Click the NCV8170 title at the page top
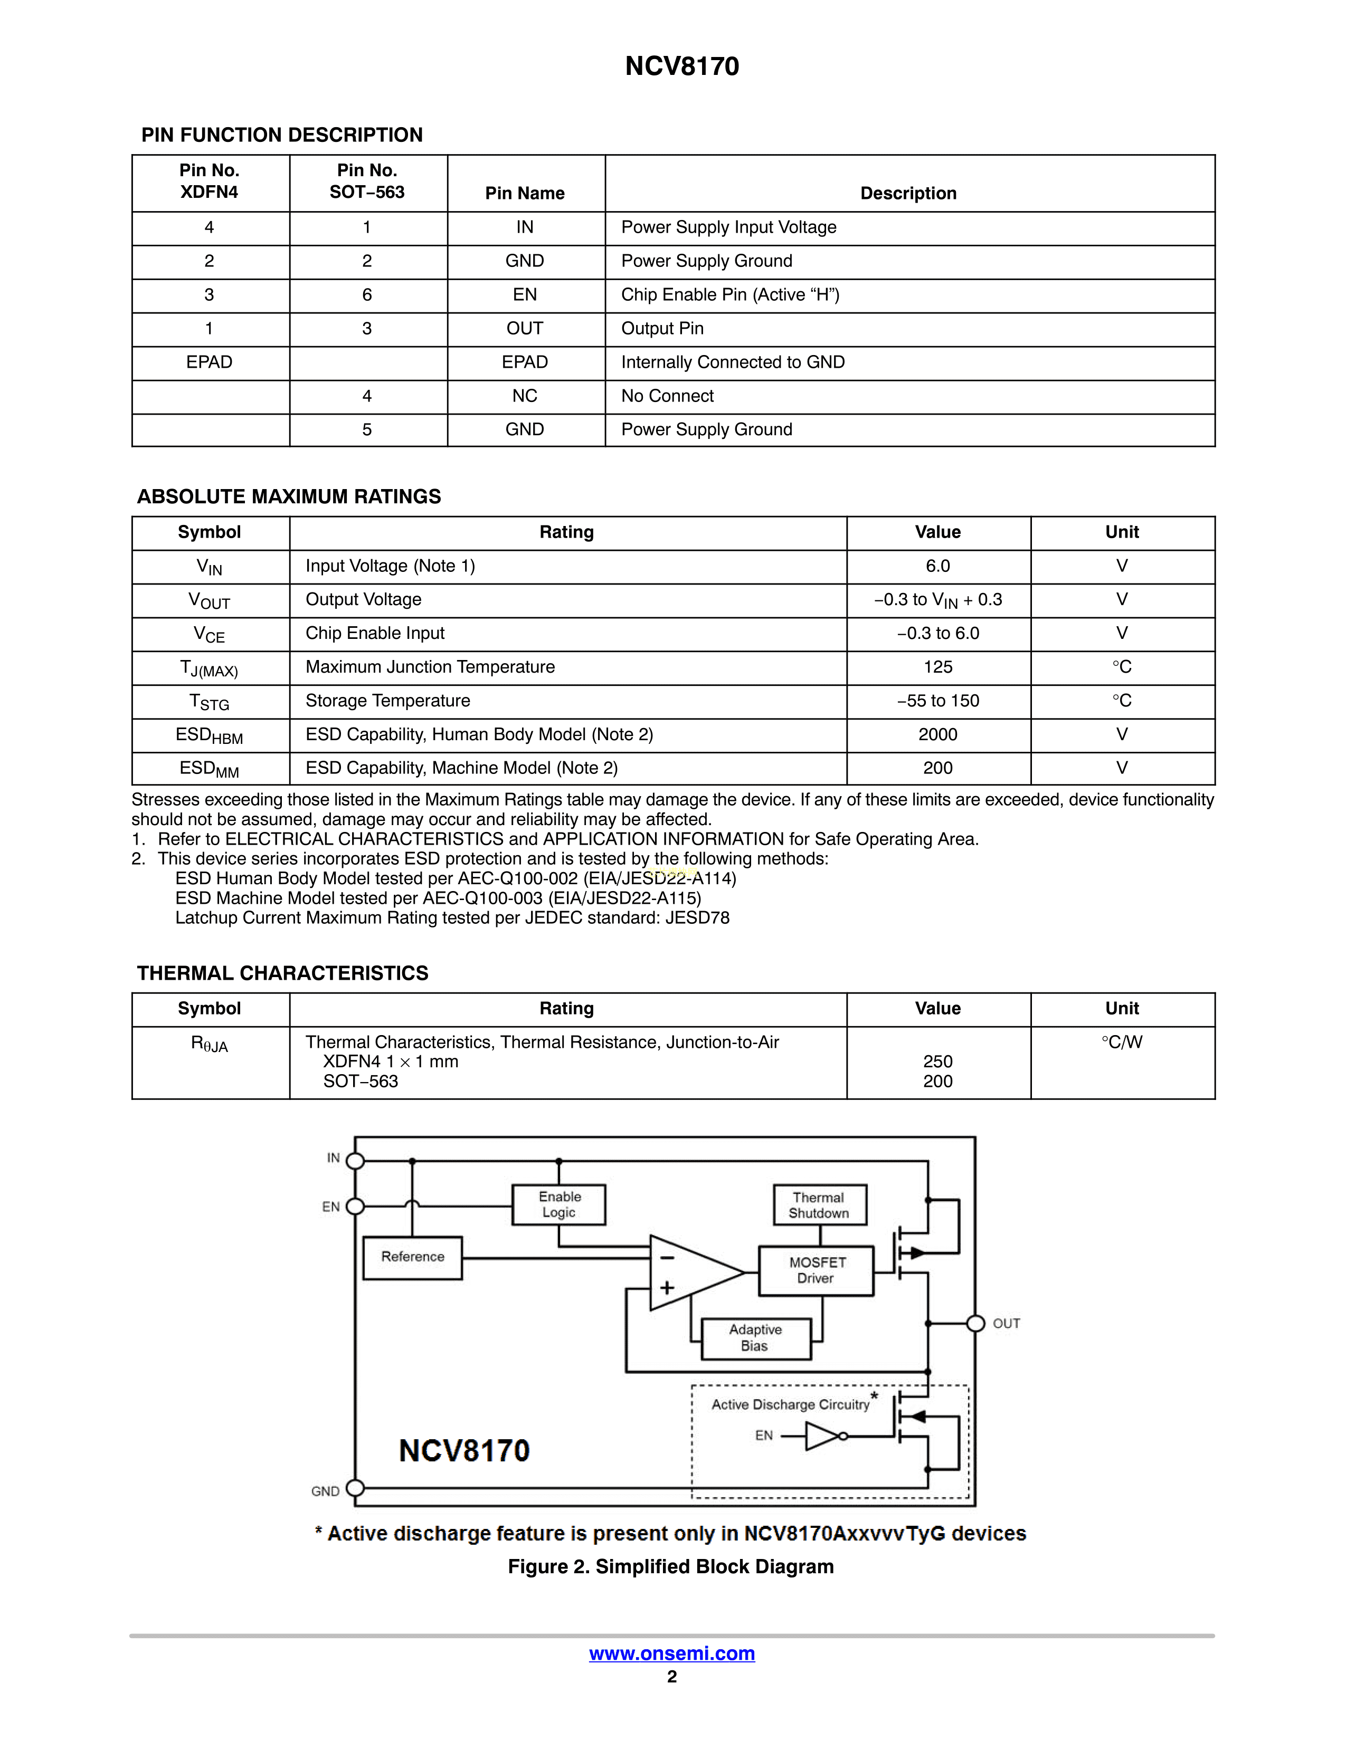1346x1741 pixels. (x=682, y=66)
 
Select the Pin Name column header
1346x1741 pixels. (x=525, y=193)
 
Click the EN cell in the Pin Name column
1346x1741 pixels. (x=525, y=295)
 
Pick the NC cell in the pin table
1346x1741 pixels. (x=525, y=396)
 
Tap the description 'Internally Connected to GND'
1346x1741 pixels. (x=733, y=363)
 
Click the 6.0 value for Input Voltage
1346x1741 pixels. (x=938, y=566)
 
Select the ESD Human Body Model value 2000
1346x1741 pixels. (x=938, y=734)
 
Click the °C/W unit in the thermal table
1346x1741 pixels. (x=1122, y=1042)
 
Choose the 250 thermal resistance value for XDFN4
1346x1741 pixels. (x=938, y=1062)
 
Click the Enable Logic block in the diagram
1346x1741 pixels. (x=559, y=1204)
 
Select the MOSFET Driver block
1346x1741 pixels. (x=817, y=1270)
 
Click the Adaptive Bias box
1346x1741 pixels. (x=755, y=1337)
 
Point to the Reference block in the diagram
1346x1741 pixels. (x=412, y=1257)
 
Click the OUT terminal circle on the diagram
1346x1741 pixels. (x=975, y=1323)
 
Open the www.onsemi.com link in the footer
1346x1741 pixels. (x=672, y=1653)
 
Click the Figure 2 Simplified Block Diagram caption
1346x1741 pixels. (x=670, y=1566)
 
